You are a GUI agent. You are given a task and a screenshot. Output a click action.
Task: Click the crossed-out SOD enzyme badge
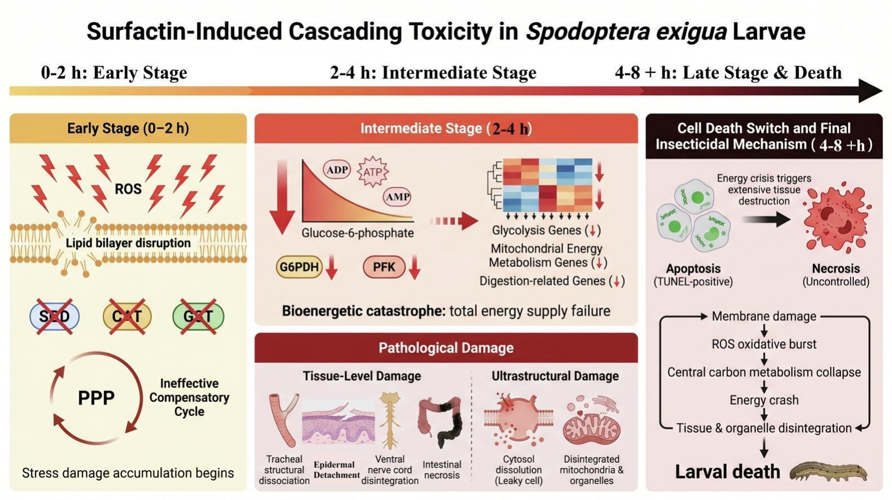55,317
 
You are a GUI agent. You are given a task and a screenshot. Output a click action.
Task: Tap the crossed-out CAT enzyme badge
126,317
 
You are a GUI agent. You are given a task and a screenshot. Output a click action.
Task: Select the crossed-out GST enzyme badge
198,317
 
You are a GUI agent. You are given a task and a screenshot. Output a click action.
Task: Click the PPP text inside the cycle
96,398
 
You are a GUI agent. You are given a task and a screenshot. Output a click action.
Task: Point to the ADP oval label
337,170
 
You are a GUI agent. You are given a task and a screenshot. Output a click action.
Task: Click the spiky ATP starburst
373,172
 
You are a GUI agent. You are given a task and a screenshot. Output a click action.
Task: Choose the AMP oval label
397,197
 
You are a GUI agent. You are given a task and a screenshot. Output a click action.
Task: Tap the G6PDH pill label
299,266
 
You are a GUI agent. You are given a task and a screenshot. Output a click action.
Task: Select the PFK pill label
384,266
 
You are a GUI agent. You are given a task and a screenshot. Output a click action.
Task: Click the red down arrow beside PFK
415,267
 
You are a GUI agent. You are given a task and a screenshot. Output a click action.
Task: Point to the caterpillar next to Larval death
828,472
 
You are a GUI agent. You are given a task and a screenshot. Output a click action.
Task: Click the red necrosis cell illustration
836,218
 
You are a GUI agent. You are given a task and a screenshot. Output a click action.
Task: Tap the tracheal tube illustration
284,419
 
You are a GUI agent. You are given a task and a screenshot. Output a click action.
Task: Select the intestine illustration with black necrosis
441,422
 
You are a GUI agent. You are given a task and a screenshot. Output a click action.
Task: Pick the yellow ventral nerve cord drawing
390,420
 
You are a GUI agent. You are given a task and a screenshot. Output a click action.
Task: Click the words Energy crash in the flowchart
764,400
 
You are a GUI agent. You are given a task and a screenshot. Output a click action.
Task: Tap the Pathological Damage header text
446,348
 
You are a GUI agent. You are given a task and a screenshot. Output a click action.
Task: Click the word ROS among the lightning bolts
128,189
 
